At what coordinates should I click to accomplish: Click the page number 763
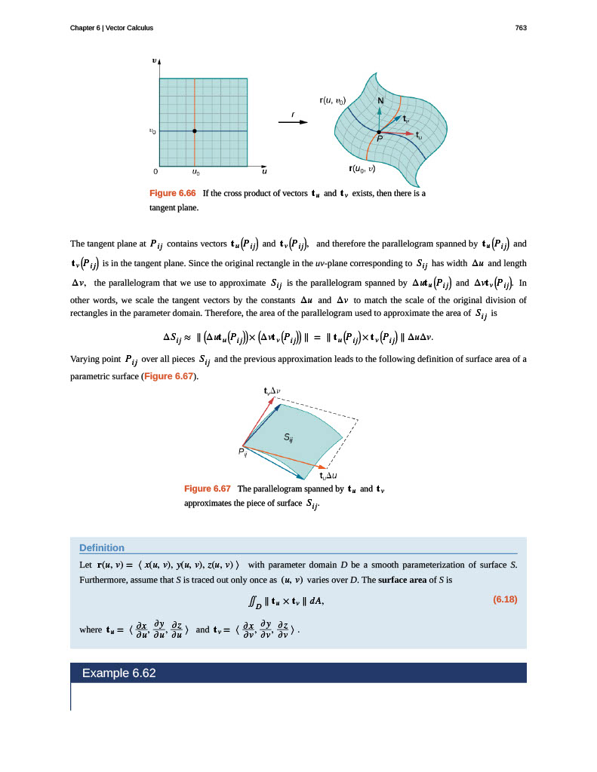pos(520,28)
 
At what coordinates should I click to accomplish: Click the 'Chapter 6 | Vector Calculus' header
pos(112,28)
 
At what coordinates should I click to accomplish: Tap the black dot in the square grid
pos(195,131)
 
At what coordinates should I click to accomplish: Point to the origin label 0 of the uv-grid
pos(155,171)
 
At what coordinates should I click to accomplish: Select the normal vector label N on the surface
pos(380,101)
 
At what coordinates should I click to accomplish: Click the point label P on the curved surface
pos(380,139)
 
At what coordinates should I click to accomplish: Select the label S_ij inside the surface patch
pos(289,437)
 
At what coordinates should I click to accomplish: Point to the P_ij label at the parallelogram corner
pos(242,452)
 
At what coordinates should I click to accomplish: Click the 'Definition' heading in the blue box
pos(102,547)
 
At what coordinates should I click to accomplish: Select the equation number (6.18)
pos(505,600)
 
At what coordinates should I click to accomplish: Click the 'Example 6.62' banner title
pos(119,672)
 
